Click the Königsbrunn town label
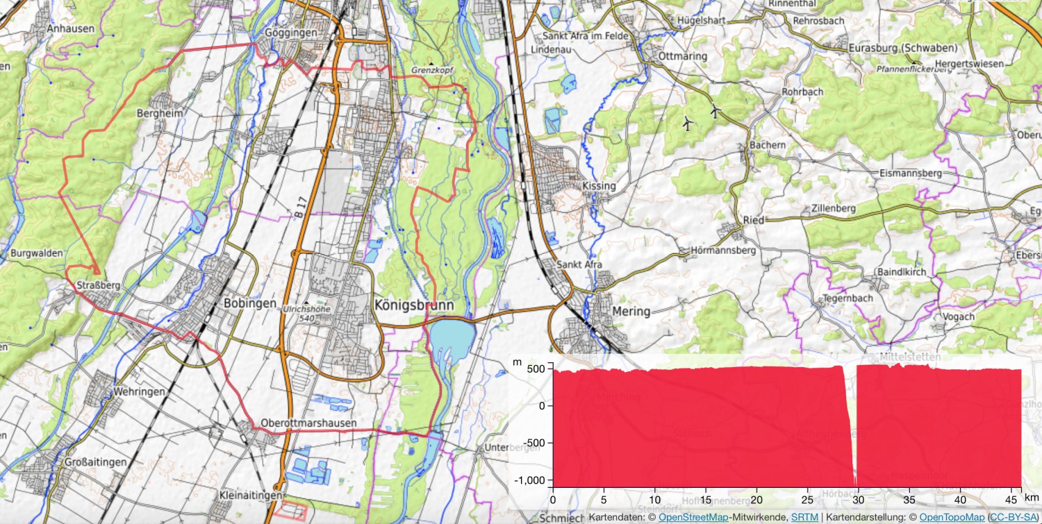point(413,305)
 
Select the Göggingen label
point(290,33)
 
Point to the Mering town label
point(631,311)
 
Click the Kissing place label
point(599,186)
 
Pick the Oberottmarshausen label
point(308,423)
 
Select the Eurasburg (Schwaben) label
point(903,48)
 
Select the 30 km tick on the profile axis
point(859,499)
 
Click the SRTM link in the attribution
point(804,517)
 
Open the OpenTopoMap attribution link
point(952,517)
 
